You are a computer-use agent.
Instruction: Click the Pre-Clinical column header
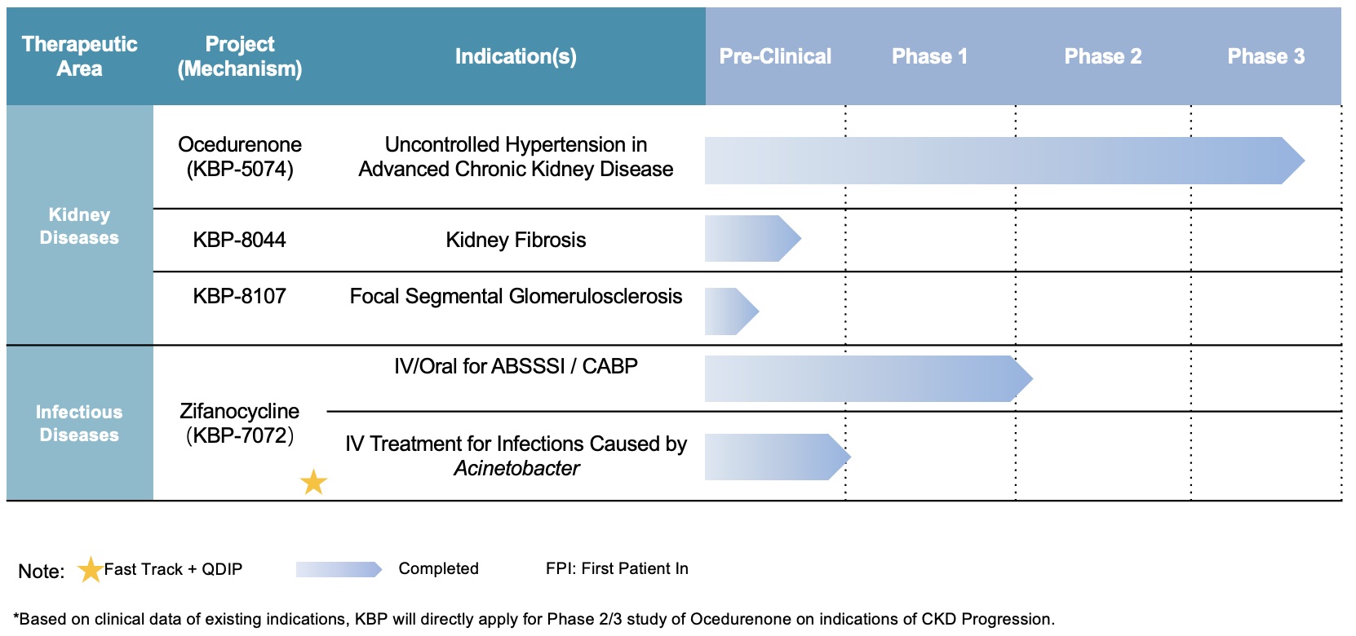[x=775, y=56]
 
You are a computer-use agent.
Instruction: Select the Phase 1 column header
[x=929, y=56]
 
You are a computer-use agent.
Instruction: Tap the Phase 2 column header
[x=1103, y=56]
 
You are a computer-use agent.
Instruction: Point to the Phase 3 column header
[x=1265, y=56]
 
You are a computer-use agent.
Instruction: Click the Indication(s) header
[x=516, y=56]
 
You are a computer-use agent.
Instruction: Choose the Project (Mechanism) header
[x=240, y=56]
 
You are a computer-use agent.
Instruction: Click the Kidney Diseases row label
[x=79, y=226]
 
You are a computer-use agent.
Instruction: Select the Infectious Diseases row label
[x=79, y=423]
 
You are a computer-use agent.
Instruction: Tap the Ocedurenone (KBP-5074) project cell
[x=240, y=157]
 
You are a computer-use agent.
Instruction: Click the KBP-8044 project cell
[x=239, y=240]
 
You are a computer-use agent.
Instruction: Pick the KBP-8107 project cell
[x=239, y=296]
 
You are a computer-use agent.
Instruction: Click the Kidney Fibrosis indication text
[x=516, y=240]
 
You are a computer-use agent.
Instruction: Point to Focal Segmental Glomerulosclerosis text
[x=516, y=297]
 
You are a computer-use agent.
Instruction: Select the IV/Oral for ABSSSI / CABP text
[x=516, y=366]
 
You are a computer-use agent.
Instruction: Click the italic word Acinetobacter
[x=516, y=468]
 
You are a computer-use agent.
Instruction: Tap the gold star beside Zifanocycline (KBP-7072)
[x=313, y=482]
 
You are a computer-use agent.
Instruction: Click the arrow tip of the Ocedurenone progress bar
[x=1305, y=161]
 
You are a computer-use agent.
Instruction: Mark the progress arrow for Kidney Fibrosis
[x=753, y=238]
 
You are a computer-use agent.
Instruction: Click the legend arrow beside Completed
[x=339, y=569]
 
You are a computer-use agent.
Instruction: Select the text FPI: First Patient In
[x=617, y=569]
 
